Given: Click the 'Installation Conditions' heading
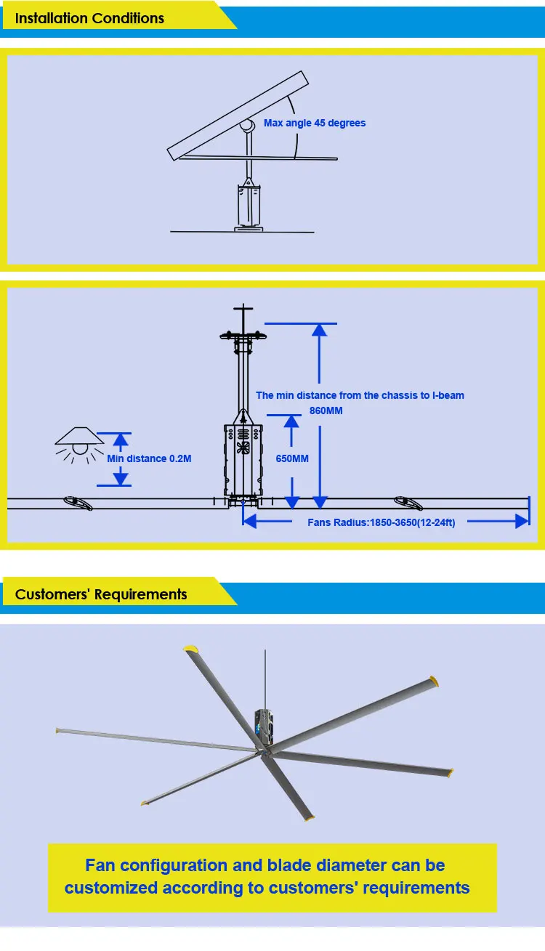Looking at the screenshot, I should point(89,18).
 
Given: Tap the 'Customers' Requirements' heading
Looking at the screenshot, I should point(101,594).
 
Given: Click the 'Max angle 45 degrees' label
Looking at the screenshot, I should point(315,124).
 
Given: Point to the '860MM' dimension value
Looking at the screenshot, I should point(326,410).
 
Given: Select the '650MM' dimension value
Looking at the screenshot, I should point(291,458).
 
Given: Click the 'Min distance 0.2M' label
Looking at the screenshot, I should point(149,458).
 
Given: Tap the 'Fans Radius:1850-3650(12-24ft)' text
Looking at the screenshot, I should point(381,522).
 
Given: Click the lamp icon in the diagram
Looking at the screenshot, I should point(80,440).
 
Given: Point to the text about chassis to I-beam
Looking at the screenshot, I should point(360,396).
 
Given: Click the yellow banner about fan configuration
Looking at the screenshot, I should point(272,877).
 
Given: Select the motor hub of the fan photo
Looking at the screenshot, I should point(265,727).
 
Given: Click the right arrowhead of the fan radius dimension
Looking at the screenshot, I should point(521,520).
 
